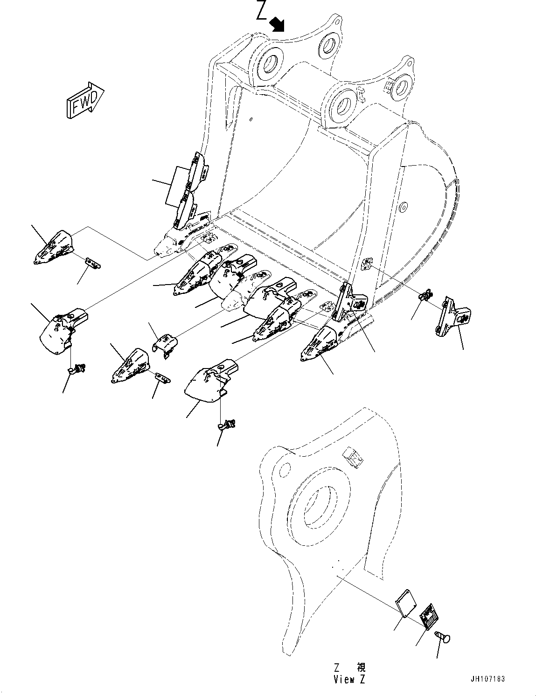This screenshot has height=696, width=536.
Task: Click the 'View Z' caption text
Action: coord(349,679)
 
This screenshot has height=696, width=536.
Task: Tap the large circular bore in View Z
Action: coord(320,506)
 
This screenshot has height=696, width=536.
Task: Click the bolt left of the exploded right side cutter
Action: coord(425,295)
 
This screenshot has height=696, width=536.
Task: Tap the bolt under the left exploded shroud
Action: coord(77,369)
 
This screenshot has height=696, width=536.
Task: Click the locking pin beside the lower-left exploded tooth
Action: coord(162,377)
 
